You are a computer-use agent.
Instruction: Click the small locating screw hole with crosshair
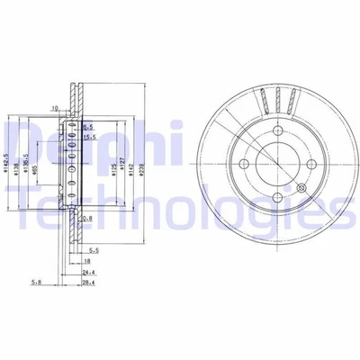click(x=302, y=186)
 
